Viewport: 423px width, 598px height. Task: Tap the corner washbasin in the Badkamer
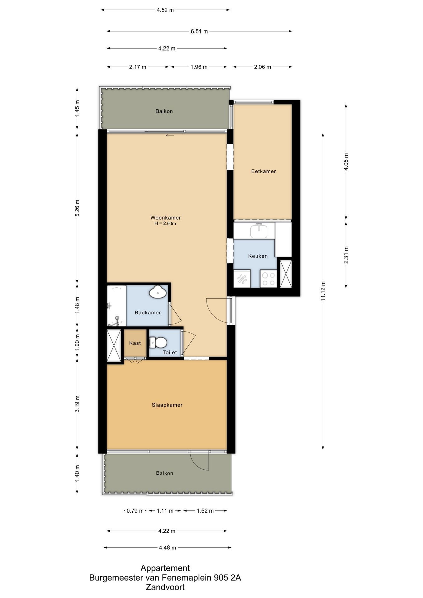click(x=159, y=292)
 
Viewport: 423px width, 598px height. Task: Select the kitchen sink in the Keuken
click(x=259, y=231)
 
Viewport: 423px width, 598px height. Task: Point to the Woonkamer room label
click(x=165, y=218)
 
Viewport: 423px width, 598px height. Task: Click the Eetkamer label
click(x=264, y=171)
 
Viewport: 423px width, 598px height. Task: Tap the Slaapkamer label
click(x=167, y=405)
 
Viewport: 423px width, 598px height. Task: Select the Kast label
click(x=135, y=343)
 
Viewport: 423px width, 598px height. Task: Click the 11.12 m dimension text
click(x=323, y=291)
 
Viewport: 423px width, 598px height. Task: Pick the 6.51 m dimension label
click(x=199, y=31)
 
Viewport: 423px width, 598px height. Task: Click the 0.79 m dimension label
click(x=135, y=511)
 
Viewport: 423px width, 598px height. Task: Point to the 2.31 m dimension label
click(x=346, y=255)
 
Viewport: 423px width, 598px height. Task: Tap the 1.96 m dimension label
click(x=199, y=67)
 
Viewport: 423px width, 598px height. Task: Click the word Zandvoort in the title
click(x=165, y=587)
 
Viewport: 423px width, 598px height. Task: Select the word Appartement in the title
click(x=165, y=568)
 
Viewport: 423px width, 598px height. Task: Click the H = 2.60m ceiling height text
click(x=165, y=224)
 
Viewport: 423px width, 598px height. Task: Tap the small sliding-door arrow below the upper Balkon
click(x=170, y=135)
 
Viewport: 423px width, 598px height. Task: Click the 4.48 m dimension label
click(x=168, y=548)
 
